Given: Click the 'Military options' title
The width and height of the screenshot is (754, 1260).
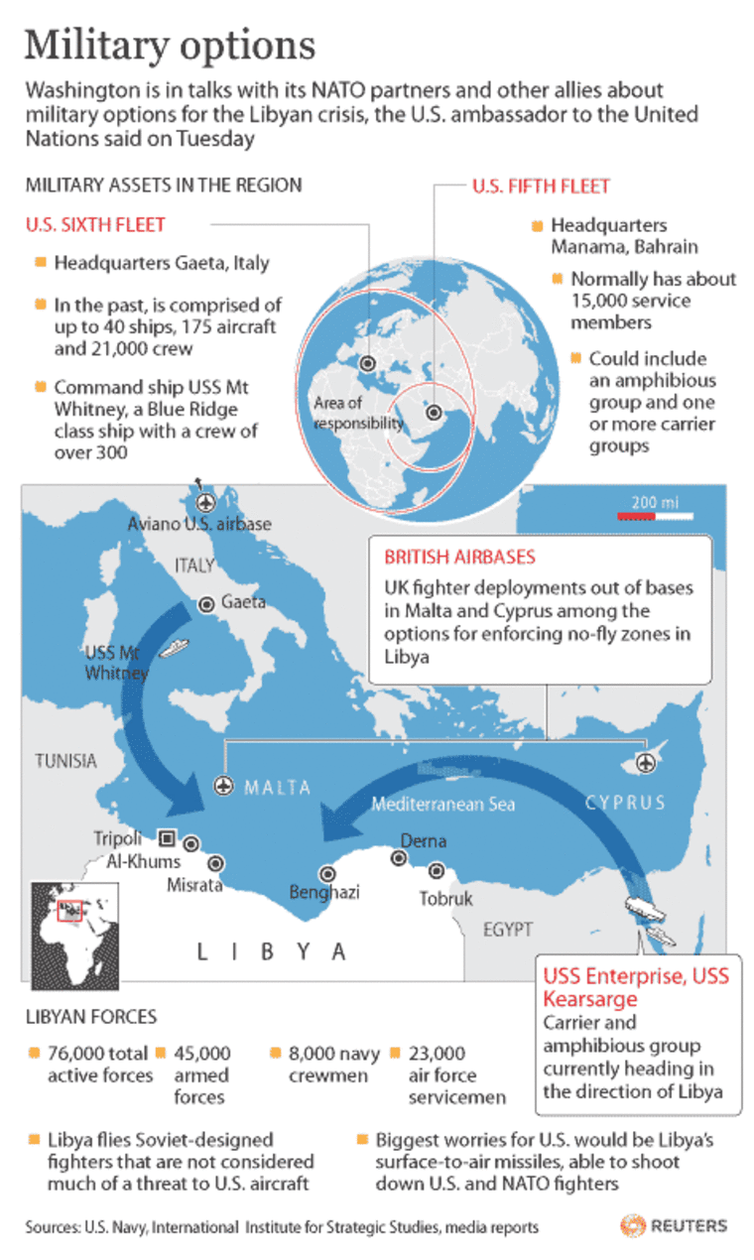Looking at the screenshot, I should point(170,46).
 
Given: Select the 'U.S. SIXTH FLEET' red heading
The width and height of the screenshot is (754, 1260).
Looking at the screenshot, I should point(95,225).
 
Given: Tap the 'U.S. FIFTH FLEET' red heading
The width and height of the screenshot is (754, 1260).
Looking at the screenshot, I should point(541,186).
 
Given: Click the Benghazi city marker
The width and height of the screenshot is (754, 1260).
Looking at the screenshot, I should point(326,874).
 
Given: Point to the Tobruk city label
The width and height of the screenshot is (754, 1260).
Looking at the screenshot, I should point(445,899).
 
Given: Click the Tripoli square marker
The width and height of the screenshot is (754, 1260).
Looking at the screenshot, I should point(167,836).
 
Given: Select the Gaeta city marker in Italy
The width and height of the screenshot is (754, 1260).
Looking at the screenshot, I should point(206,602).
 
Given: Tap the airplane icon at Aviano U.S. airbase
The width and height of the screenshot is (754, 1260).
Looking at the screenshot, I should point(205,501).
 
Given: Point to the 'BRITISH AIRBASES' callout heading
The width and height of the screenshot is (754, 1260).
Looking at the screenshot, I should point(459,557).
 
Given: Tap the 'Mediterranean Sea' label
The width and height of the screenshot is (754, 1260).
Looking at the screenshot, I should point(442,805).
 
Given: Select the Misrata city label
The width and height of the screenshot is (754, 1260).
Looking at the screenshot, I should point(194,884).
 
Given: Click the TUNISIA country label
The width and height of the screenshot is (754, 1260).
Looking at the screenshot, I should point(65,761).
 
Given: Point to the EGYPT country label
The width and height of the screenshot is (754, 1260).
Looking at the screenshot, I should point(508,930).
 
